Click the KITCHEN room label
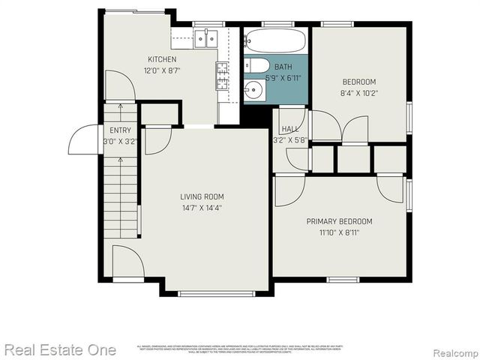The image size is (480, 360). [162, 59]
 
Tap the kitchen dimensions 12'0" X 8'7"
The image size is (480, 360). [162, 70]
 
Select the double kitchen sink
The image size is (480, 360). [205, 37]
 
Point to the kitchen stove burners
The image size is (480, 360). [223, 76]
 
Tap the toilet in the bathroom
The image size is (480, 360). [257, 66]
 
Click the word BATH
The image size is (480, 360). [283, 67]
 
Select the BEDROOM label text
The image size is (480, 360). [359, 82]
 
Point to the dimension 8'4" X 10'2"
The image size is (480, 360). [359, 94]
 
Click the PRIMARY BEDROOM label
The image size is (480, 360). [339, 221]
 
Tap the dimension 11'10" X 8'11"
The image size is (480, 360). [339, 232]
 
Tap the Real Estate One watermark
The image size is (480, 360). [60, 349]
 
